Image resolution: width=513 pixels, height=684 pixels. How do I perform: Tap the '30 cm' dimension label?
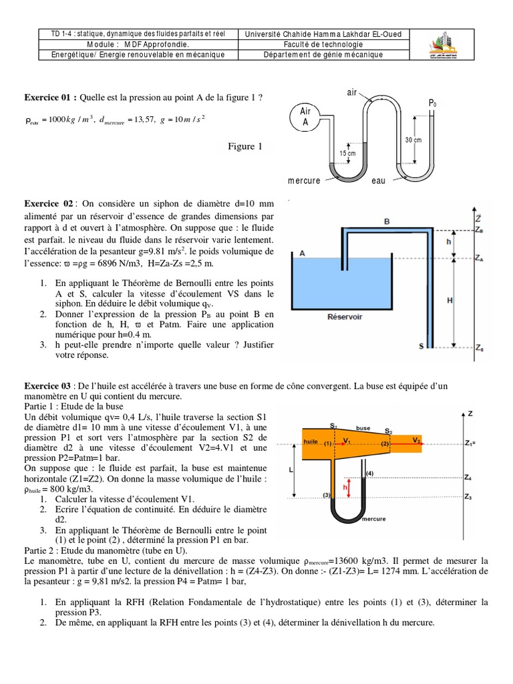(x=413, y=140)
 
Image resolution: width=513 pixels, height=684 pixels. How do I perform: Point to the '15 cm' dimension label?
(x=348, y=153)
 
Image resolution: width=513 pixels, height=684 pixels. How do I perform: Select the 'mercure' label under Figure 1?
(x=304, y=181)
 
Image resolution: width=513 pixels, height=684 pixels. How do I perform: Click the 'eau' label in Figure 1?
(x=379, y=181)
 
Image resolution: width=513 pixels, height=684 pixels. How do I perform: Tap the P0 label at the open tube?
(x=433, y=104)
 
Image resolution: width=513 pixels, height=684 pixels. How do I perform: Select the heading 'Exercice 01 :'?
(x=51, y=98)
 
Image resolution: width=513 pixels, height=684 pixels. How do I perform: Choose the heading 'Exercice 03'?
(x=49, y=386)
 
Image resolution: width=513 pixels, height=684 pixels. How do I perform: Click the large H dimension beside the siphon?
(x=450, y=301)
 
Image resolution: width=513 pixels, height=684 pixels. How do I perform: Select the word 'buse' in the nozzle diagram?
(x=363, y=427)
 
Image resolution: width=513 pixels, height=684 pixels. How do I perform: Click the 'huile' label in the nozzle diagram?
(x=310, y=442)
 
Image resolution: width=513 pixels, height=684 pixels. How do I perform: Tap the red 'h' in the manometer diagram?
(x=345, y=487)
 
